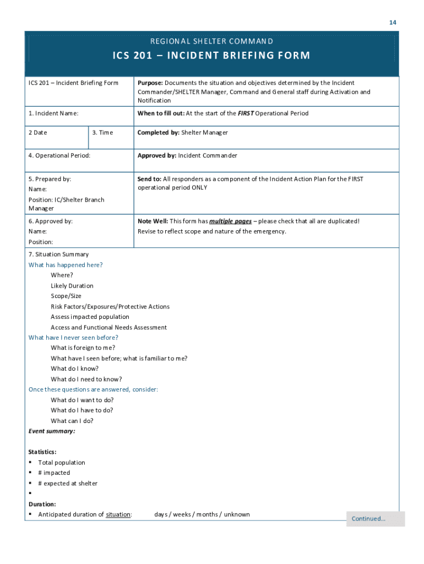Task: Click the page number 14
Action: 393,23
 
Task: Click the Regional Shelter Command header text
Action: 212,41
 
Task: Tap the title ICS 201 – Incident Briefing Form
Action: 212,56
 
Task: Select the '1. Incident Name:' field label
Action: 53,113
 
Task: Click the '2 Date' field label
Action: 38,133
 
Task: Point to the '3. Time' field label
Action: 102,133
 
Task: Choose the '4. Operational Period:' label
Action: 59,156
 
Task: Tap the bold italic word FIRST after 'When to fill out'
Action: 245,113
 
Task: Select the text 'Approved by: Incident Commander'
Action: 187,156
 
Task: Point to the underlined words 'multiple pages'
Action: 230,221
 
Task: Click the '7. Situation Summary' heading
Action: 58,254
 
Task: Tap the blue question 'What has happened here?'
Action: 66,265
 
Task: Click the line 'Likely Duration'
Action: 72,286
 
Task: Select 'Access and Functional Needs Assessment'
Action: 108,328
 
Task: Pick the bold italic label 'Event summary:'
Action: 52,431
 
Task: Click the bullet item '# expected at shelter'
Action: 68,484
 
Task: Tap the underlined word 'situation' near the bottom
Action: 118,514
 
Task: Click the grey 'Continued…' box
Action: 375,519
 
